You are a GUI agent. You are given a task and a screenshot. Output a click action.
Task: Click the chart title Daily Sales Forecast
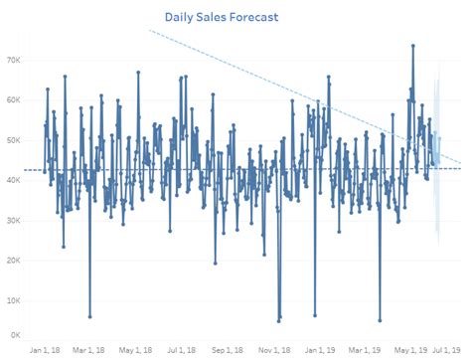221,17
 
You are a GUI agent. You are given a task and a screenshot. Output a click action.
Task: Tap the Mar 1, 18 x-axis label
89,350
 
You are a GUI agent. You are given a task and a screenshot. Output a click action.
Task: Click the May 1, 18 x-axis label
134,350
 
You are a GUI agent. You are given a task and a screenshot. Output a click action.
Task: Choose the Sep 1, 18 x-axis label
230,350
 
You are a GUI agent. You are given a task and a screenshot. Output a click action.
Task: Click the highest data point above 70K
412,46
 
